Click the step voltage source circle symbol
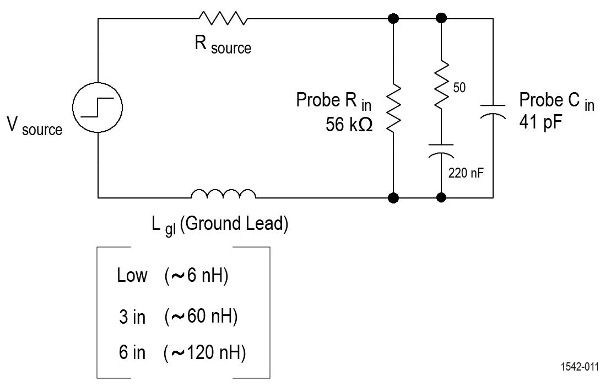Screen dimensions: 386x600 98,108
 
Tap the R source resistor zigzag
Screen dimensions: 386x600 223,19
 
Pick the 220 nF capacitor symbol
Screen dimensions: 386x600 441,151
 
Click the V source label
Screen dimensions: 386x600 34,126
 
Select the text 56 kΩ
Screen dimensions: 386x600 349,125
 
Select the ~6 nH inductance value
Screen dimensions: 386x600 196,275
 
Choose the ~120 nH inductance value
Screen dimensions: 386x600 205,352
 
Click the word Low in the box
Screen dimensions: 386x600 132,275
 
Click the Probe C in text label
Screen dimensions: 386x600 556,101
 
